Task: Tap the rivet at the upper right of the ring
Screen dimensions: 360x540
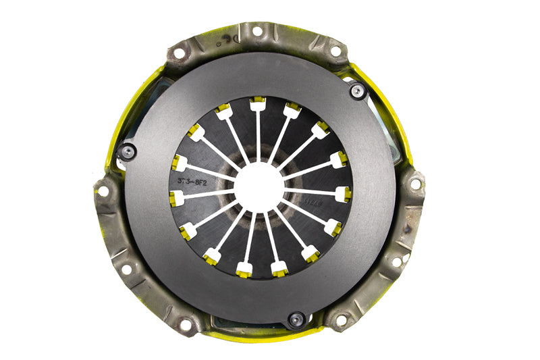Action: click(x=356, y=91)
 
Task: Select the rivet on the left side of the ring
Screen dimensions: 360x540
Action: click(x=126, y=152)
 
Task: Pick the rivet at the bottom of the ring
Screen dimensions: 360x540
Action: click(x=295, y=319)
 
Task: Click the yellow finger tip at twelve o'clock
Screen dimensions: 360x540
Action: click(x=257, y=103)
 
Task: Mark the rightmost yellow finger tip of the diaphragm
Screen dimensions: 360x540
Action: click(x=344, y=194)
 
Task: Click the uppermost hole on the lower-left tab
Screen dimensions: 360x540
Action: click(x=103, y=191)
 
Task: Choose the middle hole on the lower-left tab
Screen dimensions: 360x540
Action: click(x=126, y=269)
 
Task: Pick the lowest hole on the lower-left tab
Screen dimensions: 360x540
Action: click(x=184, y=324)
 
